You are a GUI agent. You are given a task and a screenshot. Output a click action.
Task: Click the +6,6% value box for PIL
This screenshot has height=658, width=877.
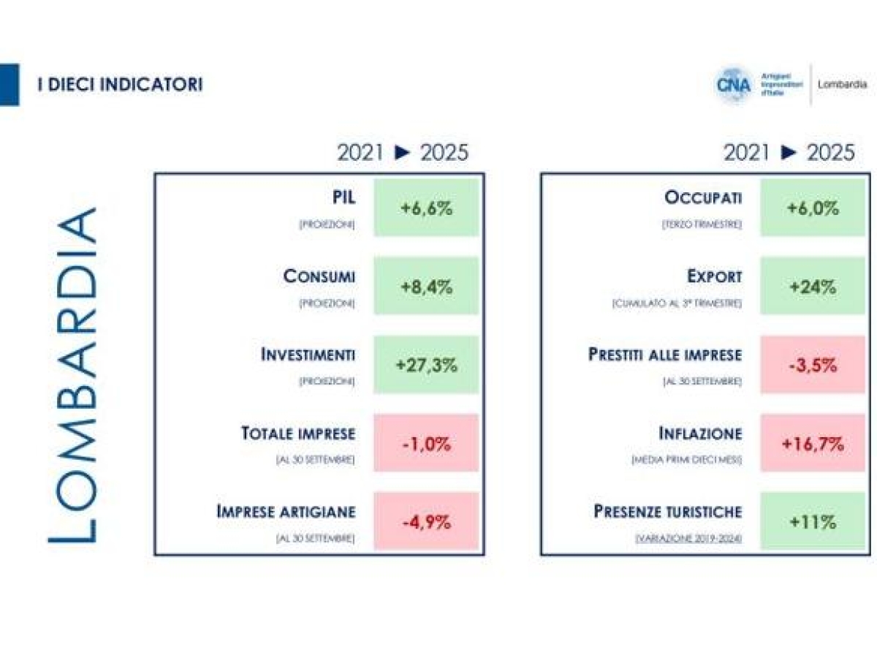click(x=426, y=208)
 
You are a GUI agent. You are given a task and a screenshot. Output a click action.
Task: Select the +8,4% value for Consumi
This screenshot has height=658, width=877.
click(x=426, y=286)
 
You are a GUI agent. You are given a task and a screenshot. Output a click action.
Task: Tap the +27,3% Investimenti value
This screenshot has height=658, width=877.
click(x=426, y=365)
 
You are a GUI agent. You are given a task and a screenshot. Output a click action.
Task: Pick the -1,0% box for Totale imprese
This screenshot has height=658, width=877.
click(x=426, y=443)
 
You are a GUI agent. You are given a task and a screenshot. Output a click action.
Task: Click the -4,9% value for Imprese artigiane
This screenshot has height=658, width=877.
click(x=426, y=521)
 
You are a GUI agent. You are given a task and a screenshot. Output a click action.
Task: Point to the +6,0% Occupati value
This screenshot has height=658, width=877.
click(x=813, y=208)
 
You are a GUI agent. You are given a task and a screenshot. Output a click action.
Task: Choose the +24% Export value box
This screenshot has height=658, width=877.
click(x=813, y=286)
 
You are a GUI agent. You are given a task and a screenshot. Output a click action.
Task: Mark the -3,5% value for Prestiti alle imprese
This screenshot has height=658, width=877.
click(x=813, y=365)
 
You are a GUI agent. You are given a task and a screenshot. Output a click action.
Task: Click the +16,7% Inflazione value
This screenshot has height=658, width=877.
click(x=813, y=443)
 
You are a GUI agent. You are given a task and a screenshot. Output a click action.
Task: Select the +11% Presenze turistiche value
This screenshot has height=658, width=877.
click(x=813, y=521)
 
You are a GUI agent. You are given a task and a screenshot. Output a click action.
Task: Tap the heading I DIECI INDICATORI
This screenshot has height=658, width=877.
click(x=120, y=84)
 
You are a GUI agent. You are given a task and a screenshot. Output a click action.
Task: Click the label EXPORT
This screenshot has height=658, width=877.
click(x=714, y=277)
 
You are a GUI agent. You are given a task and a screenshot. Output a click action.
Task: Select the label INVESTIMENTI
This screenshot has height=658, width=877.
click(x=308, y=355)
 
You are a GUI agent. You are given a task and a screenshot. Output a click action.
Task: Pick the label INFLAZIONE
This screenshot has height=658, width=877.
click(x=699, y=434)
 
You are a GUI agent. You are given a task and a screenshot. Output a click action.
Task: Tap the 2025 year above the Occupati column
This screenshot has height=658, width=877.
click(x=830, y=152)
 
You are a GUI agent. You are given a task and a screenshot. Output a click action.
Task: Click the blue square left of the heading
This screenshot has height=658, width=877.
click(x=9, y=84)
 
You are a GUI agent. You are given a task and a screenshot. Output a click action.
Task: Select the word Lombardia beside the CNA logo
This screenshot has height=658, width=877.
click(x=843, y=84)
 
